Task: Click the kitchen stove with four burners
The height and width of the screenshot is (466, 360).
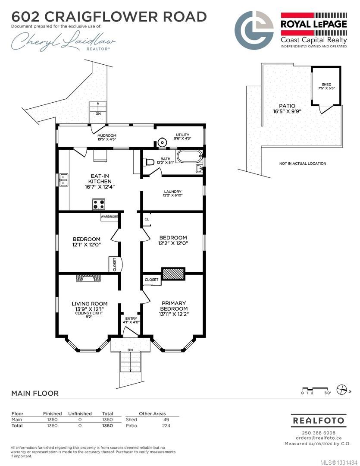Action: point(99,205)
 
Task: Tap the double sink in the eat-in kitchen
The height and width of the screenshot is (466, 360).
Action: point(63,180)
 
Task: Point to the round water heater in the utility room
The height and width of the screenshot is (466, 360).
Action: point(162,143)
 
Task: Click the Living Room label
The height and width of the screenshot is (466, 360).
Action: point(89,304)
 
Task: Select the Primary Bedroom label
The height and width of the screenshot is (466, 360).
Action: point(174,306)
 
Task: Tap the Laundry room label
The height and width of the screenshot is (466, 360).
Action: point(172,192)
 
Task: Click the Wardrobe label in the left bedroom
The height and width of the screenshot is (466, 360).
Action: point(110,217)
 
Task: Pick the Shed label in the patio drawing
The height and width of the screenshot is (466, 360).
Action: point(326,85)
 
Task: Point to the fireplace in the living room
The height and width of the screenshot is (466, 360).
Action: point(88,278)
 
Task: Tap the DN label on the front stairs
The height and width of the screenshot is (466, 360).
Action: point(130,350)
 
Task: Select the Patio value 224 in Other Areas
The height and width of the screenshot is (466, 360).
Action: point(166,425)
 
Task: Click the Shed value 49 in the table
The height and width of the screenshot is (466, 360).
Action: point(166,420)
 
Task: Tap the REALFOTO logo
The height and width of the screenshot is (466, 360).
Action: point(319,421)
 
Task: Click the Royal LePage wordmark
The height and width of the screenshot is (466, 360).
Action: point(314,24)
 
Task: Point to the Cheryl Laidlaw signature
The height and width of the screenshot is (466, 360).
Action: point(63,41)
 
